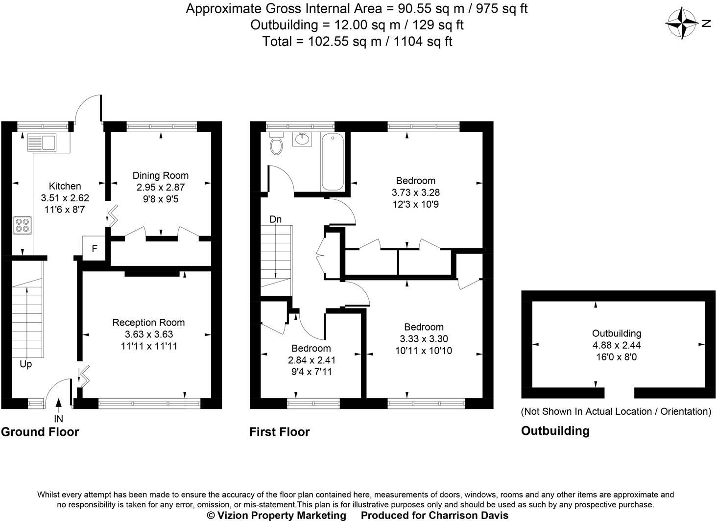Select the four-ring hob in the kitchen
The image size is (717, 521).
[x=22, y=225]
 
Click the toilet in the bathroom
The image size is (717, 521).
[x=277, y=143]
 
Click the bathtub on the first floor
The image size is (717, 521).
[x=333, y=161]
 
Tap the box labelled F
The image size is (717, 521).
[x=94, y=249]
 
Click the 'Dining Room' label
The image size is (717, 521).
[x=160, y=175]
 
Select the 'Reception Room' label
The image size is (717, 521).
[x=148, y=322]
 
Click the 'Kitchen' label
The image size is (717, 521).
[x=65, y=186]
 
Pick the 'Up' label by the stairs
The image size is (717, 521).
[x=25, y=364]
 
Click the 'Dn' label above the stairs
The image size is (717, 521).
[x=276, y=219]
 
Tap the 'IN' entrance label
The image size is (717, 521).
[x=59, y=419]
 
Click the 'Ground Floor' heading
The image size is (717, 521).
[x=40, y=432]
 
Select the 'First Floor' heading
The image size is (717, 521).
[x=279, y=432]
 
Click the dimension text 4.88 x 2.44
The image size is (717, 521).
[x=617, y=345]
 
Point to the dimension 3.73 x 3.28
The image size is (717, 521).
[x=415, y=192]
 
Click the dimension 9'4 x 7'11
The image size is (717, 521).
[x=311, y=372]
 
